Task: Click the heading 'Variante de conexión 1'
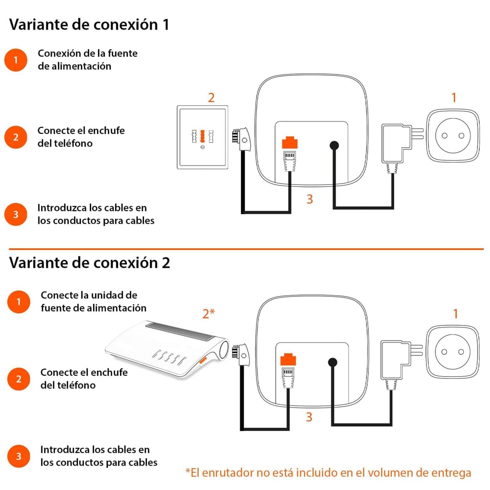click(89, 24)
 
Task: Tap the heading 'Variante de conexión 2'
click(89, 263)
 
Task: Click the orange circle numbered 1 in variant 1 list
click(16, 60)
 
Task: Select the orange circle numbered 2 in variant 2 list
click(18, 379)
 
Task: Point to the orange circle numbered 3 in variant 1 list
click(16, 214)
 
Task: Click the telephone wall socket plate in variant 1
click(203, 137)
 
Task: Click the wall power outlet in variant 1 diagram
click(453, 136)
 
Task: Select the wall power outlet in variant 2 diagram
click(452, 352)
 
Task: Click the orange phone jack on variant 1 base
click(290, 143)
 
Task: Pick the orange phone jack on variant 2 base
click(288, 359)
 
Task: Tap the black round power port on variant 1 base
click(334, 145)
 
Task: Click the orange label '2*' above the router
click(209, 314)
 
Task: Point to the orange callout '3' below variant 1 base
click(310, 199)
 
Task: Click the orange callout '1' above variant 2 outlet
click(455, 314)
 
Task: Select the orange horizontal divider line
click(246, 249)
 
